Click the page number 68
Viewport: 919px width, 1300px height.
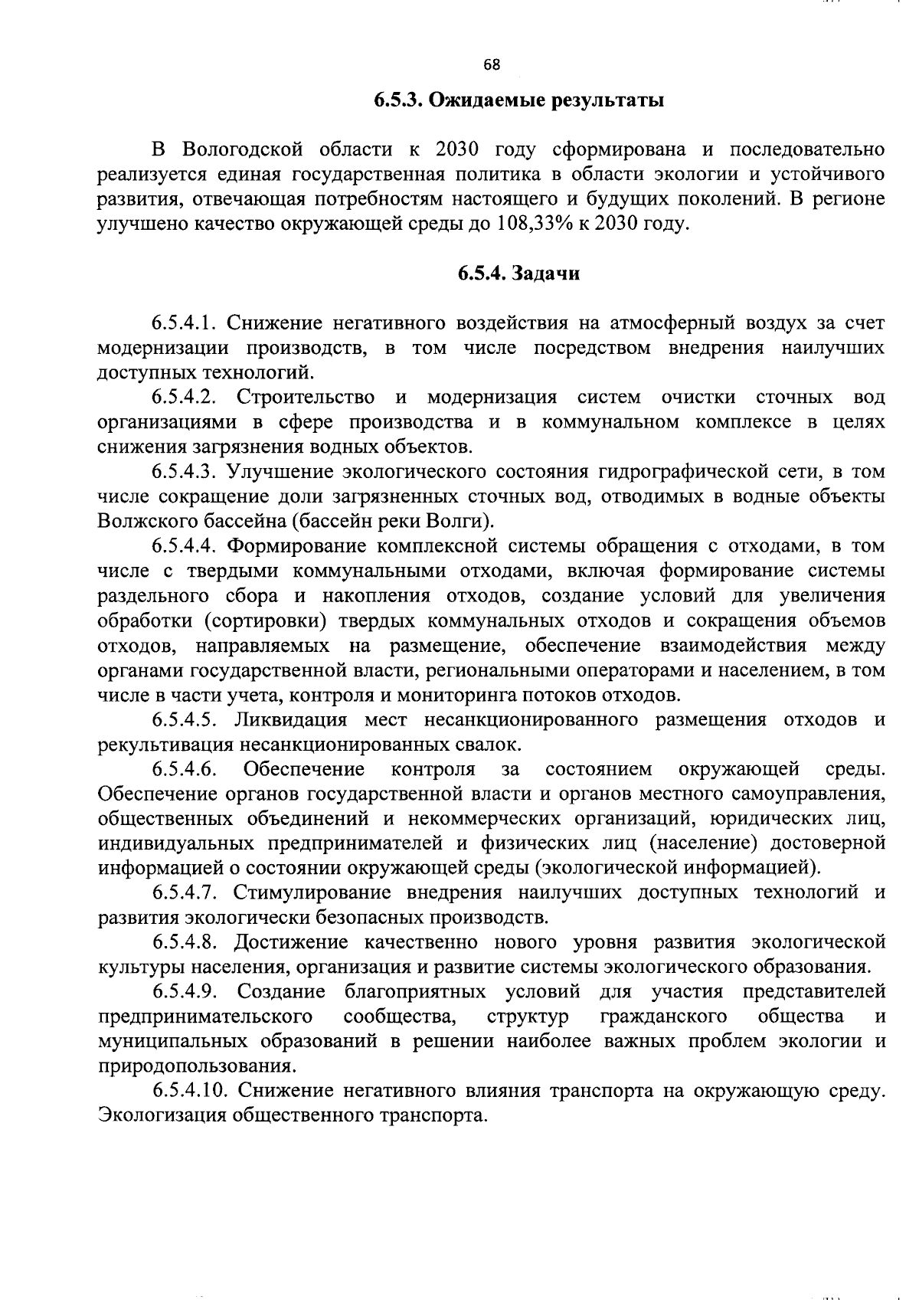492,66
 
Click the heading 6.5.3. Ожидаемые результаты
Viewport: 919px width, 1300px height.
518,100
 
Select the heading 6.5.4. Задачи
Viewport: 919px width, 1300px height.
519,273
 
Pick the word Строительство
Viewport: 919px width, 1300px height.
306,397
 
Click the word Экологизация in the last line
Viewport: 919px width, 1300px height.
161,1115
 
